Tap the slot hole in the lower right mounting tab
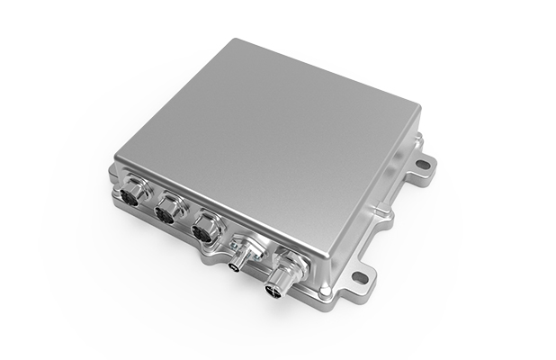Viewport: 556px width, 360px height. [360, 277]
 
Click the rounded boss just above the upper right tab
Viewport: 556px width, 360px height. [416, 142]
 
